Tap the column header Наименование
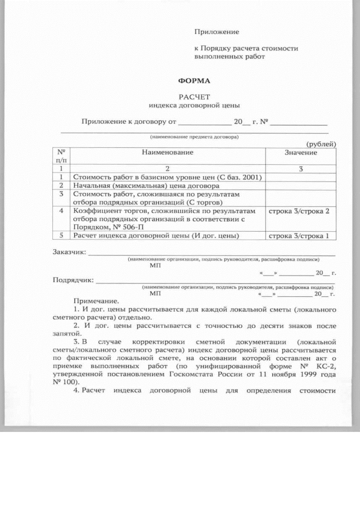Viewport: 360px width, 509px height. pos(167,152)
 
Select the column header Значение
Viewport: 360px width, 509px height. pos(300,152)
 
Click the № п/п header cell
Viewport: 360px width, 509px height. pos(61,156)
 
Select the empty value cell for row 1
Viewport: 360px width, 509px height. pos(300,177)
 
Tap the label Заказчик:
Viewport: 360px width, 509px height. pos(70,252)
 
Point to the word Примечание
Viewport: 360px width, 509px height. pos(96,301)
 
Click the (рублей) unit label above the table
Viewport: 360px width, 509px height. pos(321,144)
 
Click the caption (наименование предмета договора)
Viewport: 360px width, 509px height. pos(194,137)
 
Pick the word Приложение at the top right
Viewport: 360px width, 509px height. pos(217,31)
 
